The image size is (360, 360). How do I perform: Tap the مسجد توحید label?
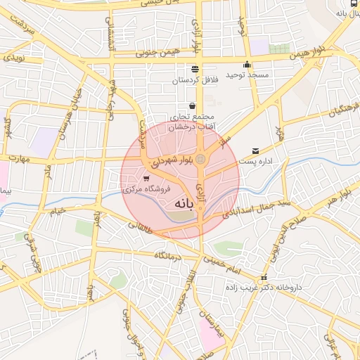[x=244, y=75]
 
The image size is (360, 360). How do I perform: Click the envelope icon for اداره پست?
[x=255, y=150]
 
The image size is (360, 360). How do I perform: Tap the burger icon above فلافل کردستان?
[x=195, y=69]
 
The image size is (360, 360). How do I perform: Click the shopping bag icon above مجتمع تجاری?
[x=192, y=106]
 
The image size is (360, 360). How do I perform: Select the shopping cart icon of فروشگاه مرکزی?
[x=146, y=179]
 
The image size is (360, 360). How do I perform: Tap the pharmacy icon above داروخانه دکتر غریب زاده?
[x=264, y=277]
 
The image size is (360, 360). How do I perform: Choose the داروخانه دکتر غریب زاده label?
[x=274, y=288]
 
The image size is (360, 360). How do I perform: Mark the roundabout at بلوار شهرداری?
[x=201, y=160]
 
